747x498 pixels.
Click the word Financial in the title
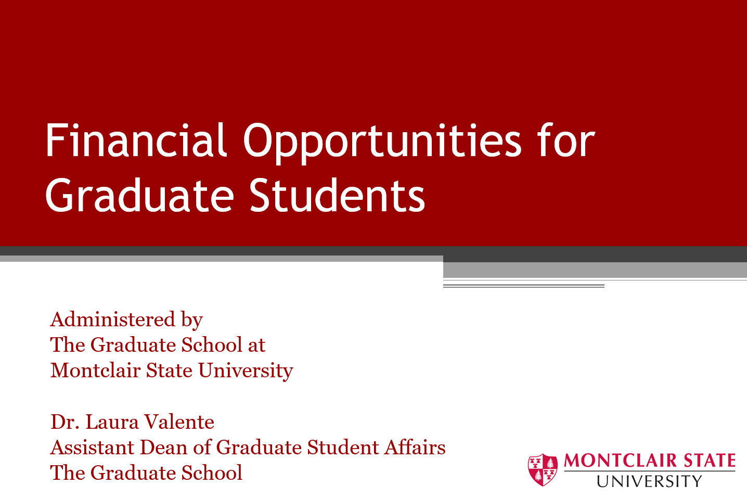coord(136,140)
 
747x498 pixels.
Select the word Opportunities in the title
coord(382,144)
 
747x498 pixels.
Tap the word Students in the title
coord(337,195)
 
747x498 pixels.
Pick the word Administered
coord(113,319)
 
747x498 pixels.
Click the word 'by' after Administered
coord(192,321)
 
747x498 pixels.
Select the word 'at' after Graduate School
coord(256,345)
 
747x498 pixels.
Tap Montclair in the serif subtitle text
coord(95,371)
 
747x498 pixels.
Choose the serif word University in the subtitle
coord(246,371)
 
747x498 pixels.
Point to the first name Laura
coord(112,422)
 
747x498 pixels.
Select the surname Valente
coord(179,422)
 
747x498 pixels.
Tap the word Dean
coord(163,448)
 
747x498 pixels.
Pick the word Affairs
coord(415,448)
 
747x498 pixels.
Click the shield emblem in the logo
coord(543,470)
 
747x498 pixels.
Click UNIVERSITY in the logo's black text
coord(649,481)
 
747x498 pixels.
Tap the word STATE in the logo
coord(710,461)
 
